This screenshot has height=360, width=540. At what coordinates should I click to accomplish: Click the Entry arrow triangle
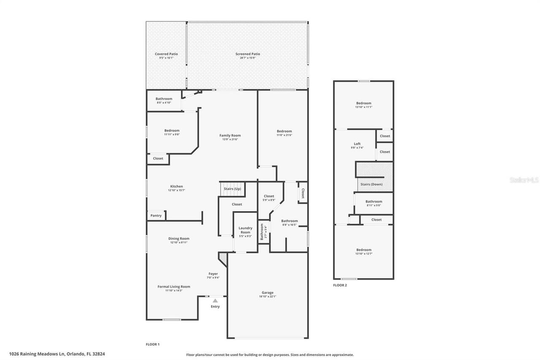coord(215,300)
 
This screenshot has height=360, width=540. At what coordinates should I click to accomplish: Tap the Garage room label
coord(267,292)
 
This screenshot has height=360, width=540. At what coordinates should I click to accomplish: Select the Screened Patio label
coord(248,54)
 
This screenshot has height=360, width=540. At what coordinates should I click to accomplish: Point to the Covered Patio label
coord(166,54)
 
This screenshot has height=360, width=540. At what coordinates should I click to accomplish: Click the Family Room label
coord(230,135)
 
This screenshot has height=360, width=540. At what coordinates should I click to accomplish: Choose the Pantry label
coord(156,216)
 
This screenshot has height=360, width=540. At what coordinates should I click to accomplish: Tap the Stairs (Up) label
coord(232,189)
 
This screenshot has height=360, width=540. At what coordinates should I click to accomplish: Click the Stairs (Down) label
coord(371,184)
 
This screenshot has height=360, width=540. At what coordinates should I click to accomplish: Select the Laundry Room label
coord(245,230)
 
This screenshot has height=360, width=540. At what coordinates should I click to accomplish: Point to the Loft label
coord(357,144)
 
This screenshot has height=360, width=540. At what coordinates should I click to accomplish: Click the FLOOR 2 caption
coord(340,285)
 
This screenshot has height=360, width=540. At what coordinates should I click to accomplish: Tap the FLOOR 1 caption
coord(153,344)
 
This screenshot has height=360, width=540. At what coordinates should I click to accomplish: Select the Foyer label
coord(213,274)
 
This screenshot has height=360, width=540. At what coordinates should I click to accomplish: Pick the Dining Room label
coord(179,238)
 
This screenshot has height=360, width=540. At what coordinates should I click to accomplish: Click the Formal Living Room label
coord(174,287)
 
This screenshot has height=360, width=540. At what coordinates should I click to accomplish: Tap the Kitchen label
coord(176,187)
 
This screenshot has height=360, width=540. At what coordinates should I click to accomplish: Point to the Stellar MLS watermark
coord(524,180)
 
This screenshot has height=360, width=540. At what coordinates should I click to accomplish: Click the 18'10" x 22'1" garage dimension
coord(267,297)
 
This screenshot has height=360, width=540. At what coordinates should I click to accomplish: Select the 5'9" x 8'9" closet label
coord(269,200)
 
